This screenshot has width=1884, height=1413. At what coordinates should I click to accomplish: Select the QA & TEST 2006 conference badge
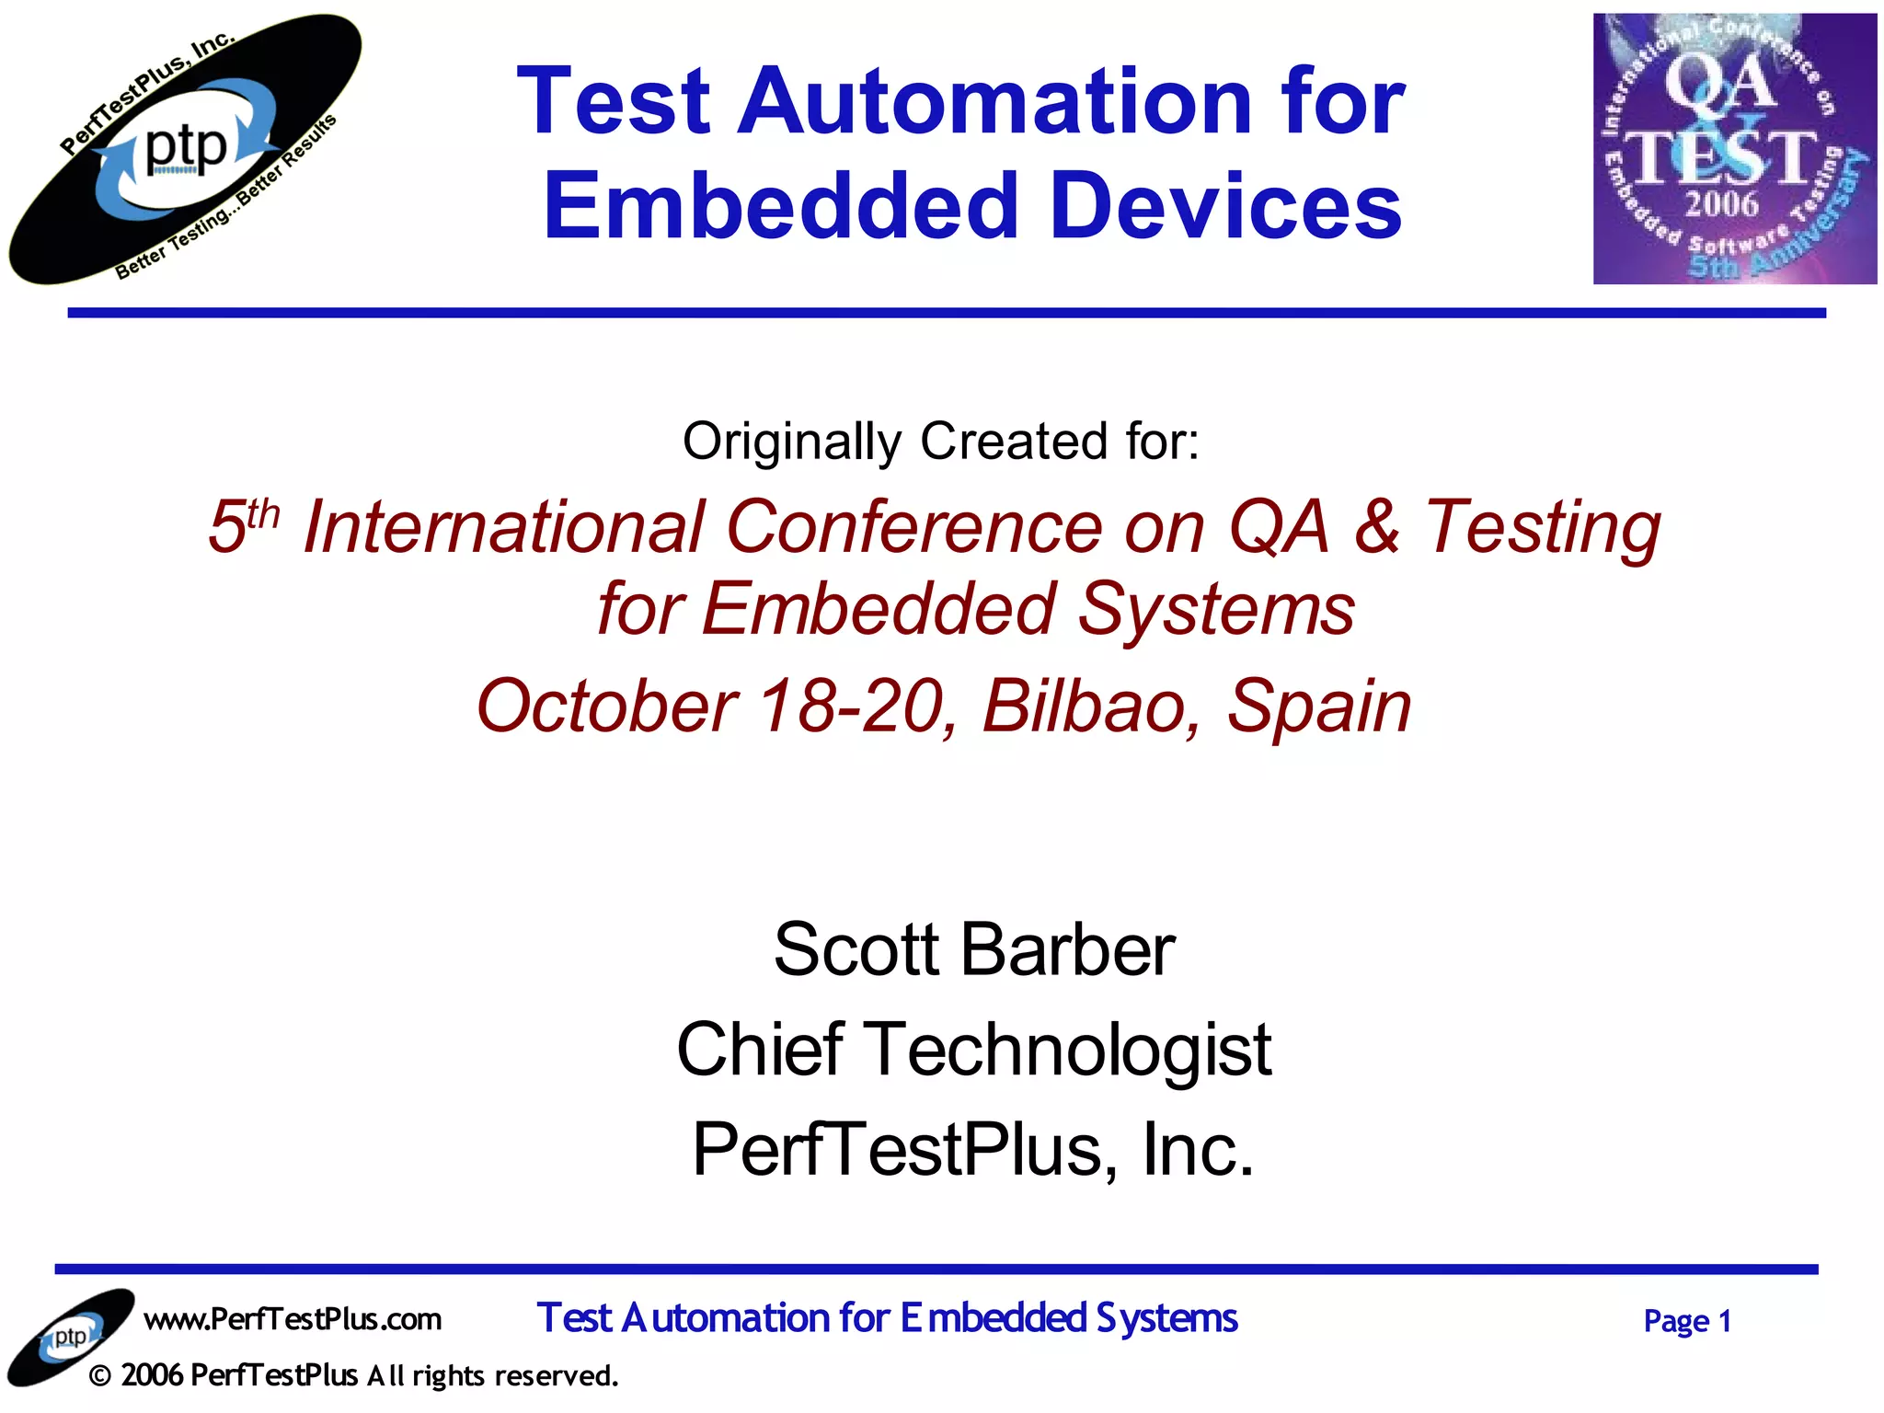1734,149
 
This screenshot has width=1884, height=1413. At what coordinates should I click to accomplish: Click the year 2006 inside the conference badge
1721,202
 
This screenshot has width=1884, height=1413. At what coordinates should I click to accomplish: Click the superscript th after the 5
263,513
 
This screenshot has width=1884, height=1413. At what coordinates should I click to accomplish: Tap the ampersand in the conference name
1377,526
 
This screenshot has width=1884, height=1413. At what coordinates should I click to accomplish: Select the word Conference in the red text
913,528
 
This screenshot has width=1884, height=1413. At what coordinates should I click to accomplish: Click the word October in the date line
607,706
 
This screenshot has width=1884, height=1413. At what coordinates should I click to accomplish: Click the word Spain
1319,706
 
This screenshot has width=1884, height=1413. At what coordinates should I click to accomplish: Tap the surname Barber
1067,949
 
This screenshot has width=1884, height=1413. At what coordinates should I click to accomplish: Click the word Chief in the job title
760,1050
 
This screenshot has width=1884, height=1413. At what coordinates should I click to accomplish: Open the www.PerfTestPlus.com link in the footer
293,1319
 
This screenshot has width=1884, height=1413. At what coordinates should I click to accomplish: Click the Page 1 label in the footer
1687,1322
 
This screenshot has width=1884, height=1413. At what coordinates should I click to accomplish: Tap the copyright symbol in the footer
101,1376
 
